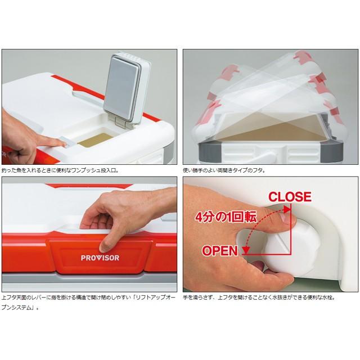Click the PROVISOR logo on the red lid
pos(100,258)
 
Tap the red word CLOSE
pos(290,197)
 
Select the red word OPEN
pos(220,251)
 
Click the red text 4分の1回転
pos(226,217)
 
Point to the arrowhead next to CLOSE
pos(286,209)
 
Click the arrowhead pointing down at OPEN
pos(246,250)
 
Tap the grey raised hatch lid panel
pos(122,88)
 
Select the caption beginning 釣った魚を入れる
pos(60,170)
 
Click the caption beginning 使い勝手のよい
pos(224,170)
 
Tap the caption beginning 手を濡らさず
pos(259,298)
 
